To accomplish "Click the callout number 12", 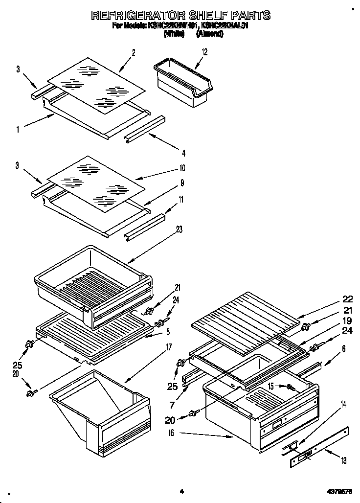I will tap(204, 51).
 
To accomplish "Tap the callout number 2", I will tap(133, 53).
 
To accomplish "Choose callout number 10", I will tap(182, 168).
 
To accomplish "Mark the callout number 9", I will tap(182, 183).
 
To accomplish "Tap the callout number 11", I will tap(182, 199).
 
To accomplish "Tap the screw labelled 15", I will tap(291, 388).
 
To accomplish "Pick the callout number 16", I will tap(170, 433).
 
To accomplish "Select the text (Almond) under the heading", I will tap(210, 34).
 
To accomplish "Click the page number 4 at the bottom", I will tap(181, 491).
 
